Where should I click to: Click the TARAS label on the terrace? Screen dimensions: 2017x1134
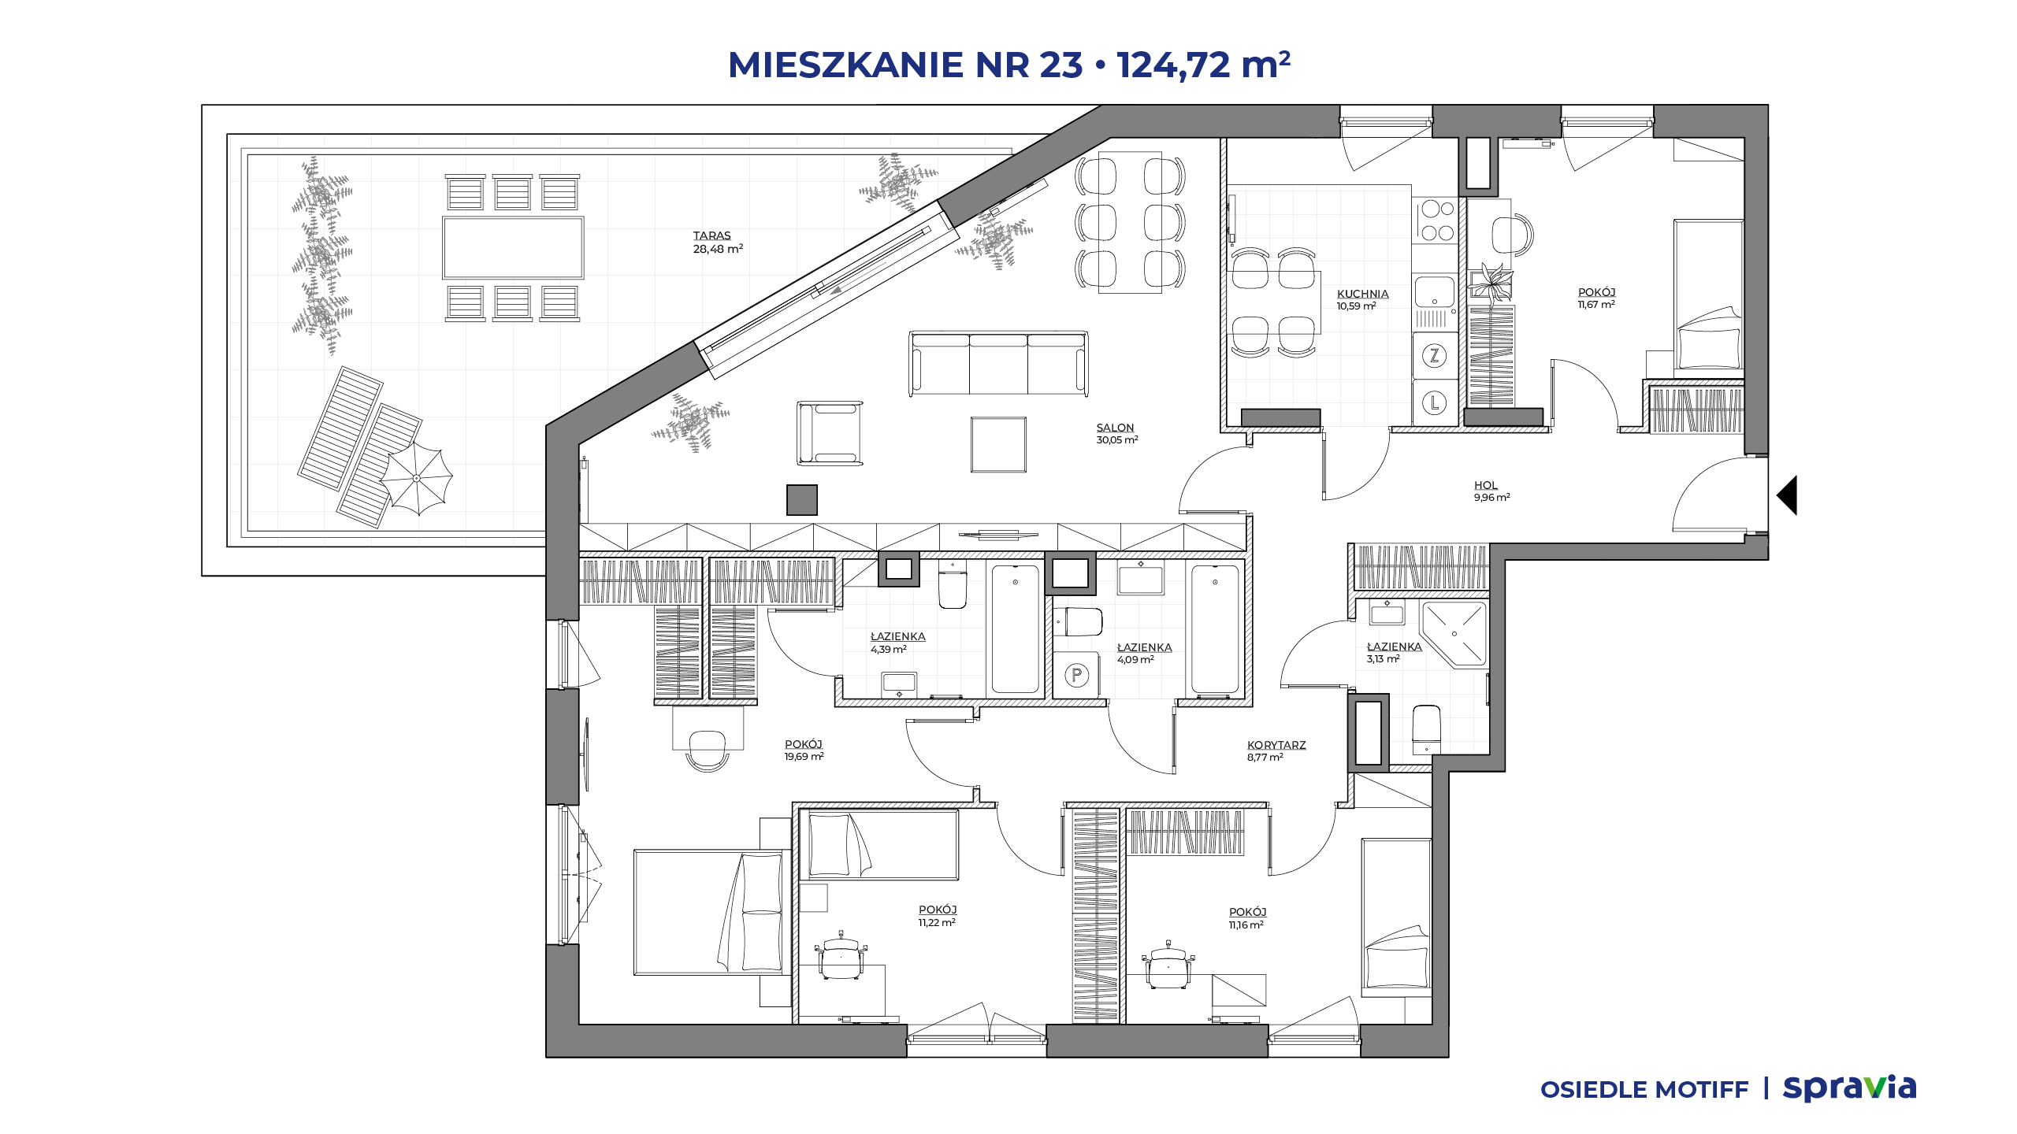coord(711,235)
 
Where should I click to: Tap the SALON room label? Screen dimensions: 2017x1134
coord(1115,428)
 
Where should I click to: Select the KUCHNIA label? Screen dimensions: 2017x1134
coord(1362,294)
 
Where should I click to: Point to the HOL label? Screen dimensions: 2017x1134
coord(1485,485)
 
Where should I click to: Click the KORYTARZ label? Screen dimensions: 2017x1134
coord(1276,745)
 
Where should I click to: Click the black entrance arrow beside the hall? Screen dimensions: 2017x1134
coord(1787,495)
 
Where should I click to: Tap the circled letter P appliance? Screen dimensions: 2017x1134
coord(1076,675)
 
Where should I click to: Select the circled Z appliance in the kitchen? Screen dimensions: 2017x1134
coord(1434,356)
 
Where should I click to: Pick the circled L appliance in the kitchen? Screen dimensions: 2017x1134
coord(1434,403)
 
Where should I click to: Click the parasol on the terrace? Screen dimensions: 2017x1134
coord(416,478)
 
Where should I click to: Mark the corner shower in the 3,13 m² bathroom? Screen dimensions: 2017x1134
coord(1454,635)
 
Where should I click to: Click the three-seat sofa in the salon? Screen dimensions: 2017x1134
coord(998,363)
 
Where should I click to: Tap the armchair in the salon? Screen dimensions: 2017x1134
coord(829,432)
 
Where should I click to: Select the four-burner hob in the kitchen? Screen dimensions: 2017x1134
coord(1436,220)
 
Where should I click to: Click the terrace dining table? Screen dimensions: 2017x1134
coord(513,247)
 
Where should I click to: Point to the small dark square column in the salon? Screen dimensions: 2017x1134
coord(802,500)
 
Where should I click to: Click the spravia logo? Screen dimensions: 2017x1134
coord(1849,1088)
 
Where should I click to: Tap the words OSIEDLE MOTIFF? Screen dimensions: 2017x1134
coord(1644,1090)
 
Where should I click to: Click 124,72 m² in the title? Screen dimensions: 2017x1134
coord(1203,65)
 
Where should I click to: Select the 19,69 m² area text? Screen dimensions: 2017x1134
coord(804,757)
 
